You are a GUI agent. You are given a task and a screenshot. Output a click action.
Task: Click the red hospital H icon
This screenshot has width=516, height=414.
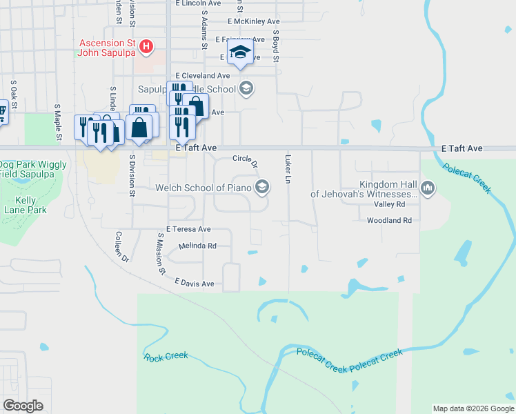[x=146, y=47]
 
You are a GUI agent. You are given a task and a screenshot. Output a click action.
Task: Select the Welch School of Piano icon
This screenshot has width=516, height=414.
[x=262, y=187]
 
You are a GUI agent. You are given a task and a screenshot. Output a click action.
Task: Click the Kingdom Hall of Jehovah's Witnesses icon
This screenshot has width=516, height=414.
[x=428, y=188]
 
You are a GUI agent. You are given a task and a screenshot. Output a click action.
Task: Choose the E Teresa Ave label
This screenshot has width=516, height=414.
[x=188, y=228]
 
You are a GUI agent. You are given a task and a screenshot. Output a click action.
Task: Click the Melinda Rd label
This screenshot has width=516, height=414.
[x=198, y=246]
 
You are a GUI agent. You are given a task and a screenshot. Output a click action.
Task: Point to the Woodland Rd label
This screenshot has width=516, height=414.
[x=389, y=220]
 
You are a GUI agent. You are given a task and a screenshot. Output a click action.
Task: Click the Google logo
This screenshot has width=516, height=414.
[x=23, y=406]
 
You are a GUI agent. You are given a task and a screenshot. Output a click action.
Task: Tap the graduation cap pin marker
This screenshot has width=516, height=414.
[x=240, y=52]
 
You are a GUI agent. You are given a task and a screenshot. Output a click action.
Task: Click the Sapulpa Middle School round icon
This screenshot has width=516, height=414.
[x=246, y=88]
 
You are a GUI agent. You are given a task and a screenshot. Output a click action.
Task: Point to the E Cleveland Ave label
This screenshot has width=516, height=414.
[x=202, y=75]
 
